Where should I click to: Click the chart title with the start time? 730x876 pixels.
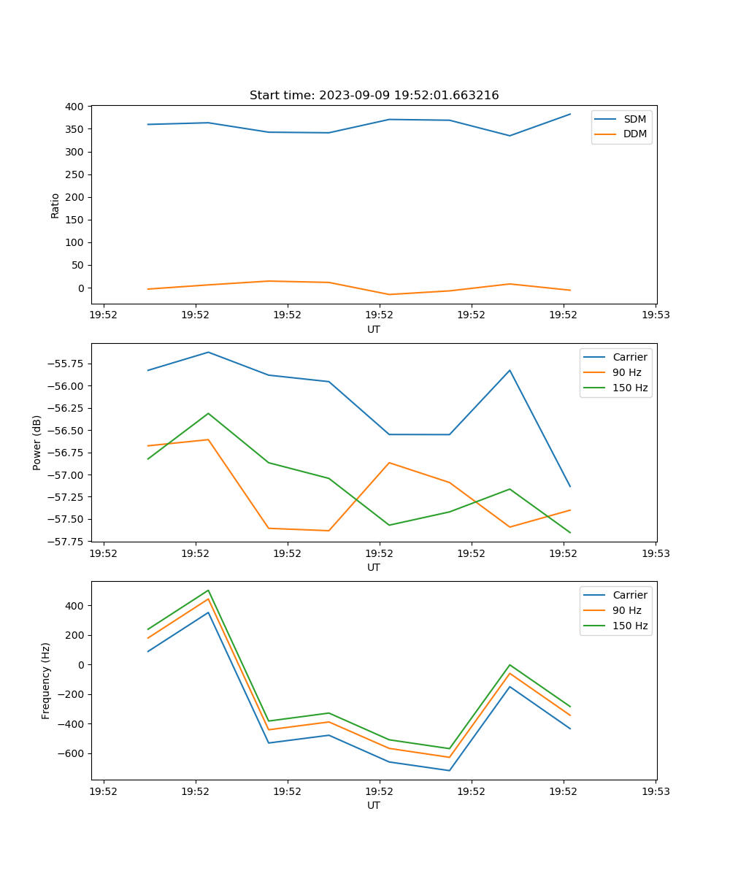click(x=374, y=96)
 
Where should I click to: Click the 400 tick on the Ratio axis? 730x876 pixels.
click(x=74, y=107)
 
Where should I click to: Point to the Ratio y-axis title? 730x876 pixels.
click(x=55, y=205)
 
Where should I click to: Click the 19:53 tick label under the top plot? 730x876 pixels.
click(x=655, y=315)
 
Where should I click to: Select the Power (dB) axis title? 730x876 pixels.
click(x=37, y=442)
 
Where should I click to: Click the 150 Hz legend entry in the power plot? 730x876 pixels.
click(x=630, y=388)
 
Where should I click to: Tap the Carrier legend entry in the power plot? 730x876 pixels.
click(x=629, y=357)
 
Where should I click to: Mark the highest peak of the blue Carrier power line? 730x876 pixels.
click(x=208, y=352)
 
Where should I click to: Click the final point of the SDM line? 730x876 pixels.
click(x=570, y=114)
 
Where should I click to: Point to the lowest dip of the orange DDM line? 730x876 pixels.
click(x=389, y=294)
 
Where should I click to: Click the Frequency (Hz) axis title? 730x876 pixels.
click(x=46, y=680)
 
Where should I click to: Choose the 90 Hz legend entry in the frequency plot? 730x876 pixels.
click(x=626, y=610)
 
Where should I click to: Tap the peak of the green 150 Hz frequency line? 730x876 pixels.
click(x=208, y=590)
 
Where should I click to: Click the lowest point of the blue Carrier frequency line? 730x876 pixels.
click(x=449, y=770)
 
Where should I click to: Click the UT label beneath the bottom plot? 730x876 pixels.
click(x=374, y=805)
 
